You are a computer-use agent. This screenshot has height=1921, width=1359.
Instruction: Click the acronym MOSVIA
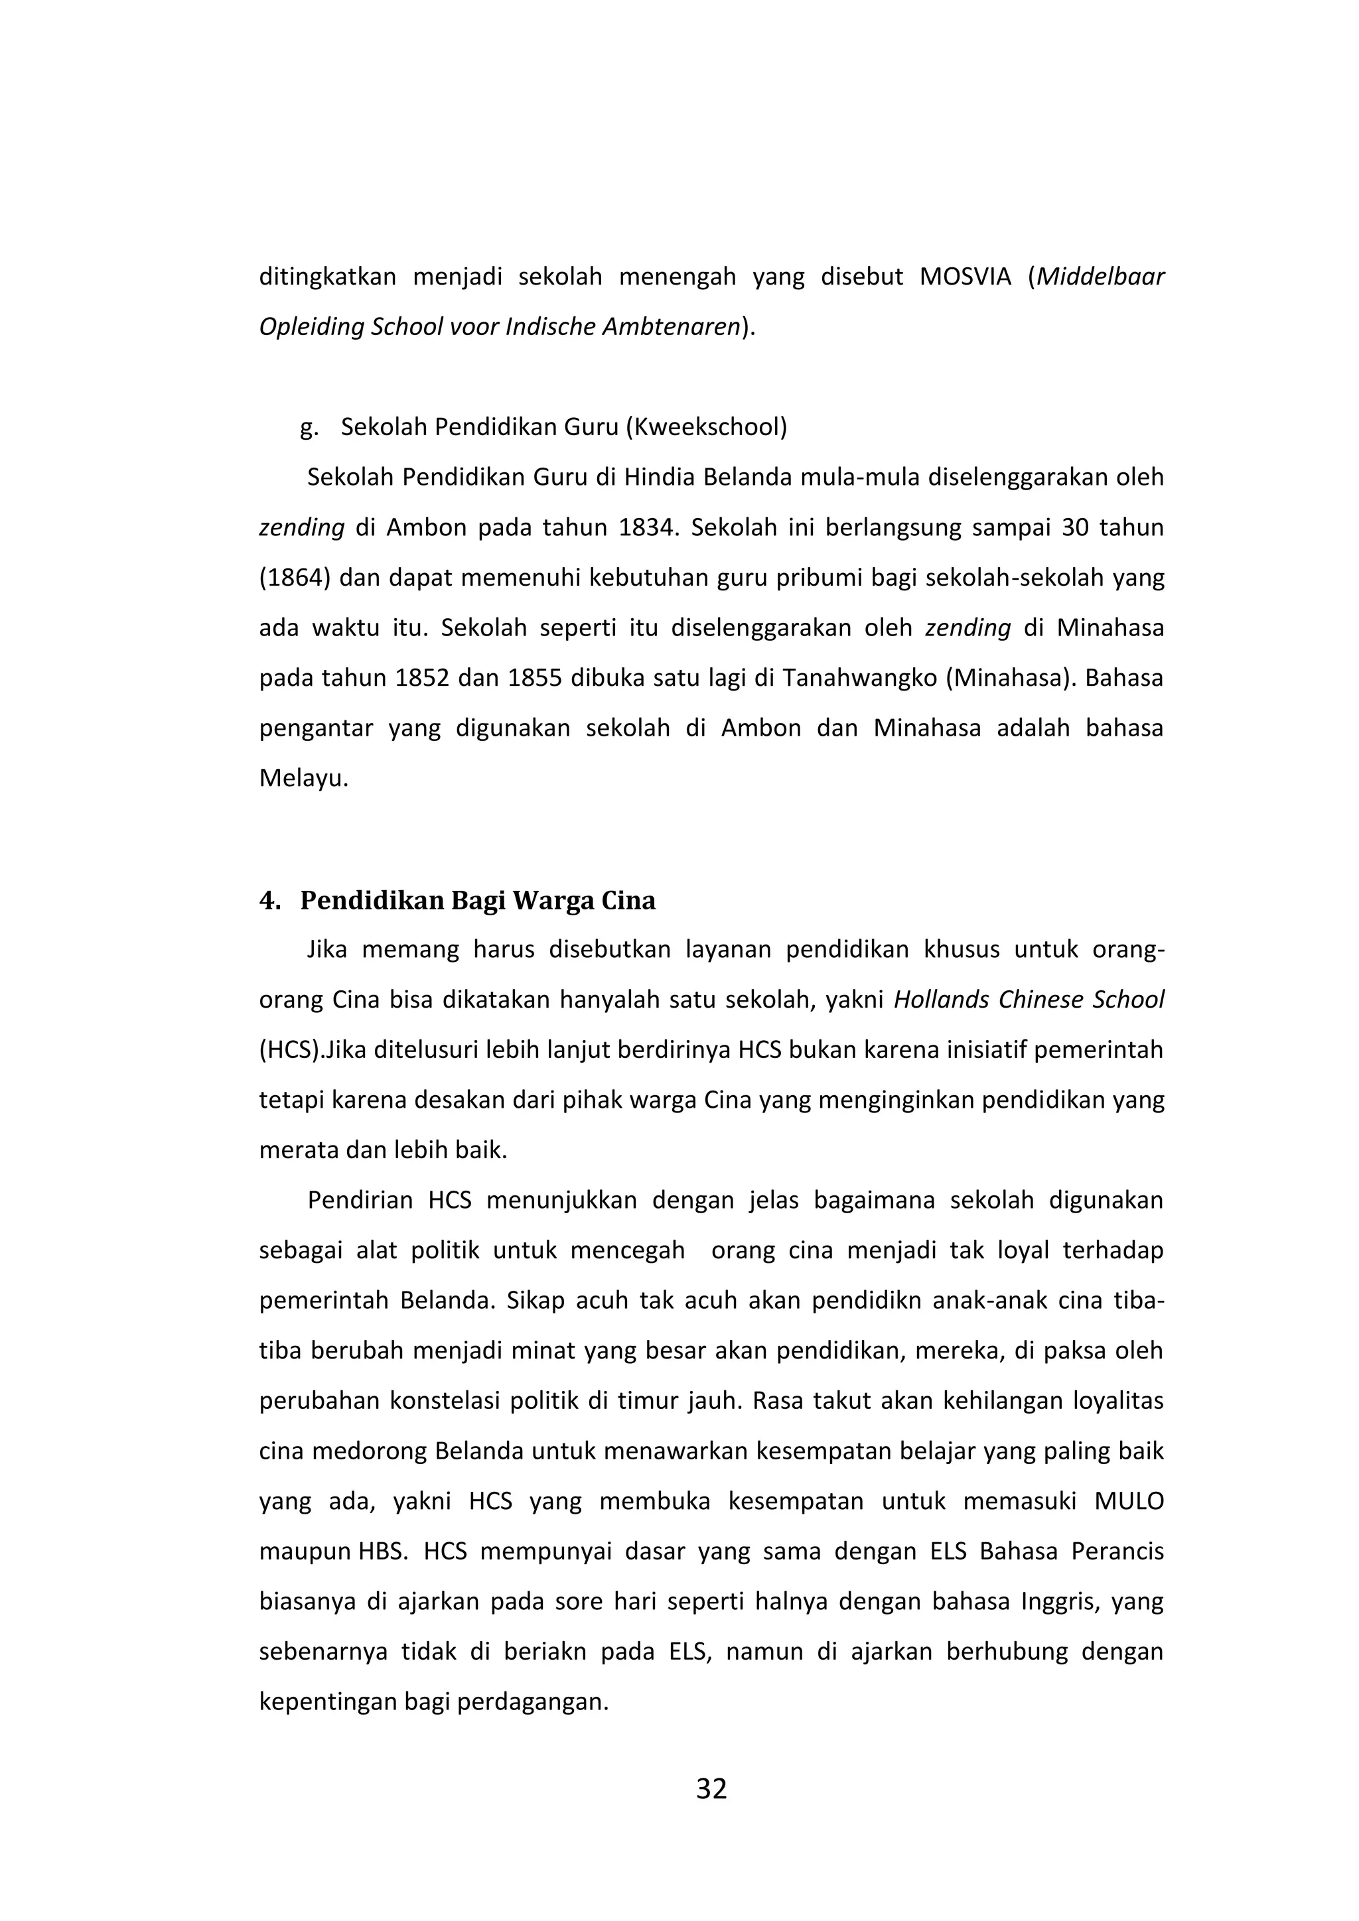tap(965, 277)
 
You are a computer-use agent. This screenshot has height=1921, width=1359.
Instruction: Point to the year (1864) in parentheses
tap(294, 578)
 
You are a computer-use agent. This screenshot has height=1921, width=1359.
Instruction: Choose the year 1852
tap(423, 678)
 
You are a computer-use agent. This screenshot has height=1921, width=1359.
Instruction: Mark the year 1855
tap(534, 678)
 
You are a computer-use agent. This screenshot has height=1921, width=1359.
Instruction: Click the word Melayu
tap(301, 778)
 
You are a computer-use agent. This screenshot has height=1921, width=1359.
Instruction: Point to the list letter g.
tap(308, 428)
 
